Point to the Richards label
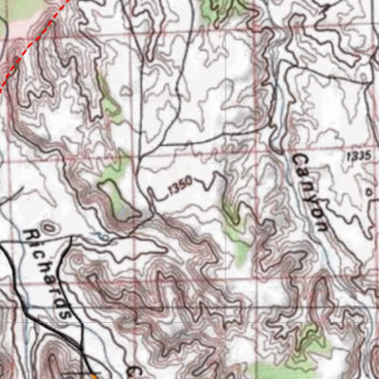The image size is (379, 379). coord(50,270)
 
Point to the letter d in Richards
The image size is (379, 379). coord(61,298)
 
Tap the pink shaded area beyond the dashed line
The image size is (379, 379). coord(14,24)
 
